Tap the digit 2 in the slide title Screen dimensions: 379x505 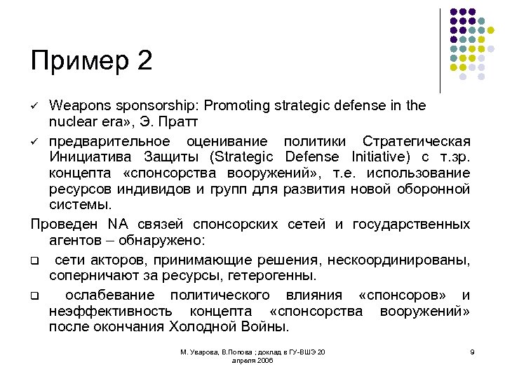coord(145,61)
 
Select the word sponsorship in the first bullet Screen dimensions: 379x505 coord(155,106)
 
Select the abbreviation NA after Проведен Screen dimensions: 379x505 coord(117,225)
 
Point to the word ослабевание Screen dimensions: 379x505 coord(107,295)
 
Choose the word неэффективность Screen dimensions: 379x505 coord(111,311)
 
